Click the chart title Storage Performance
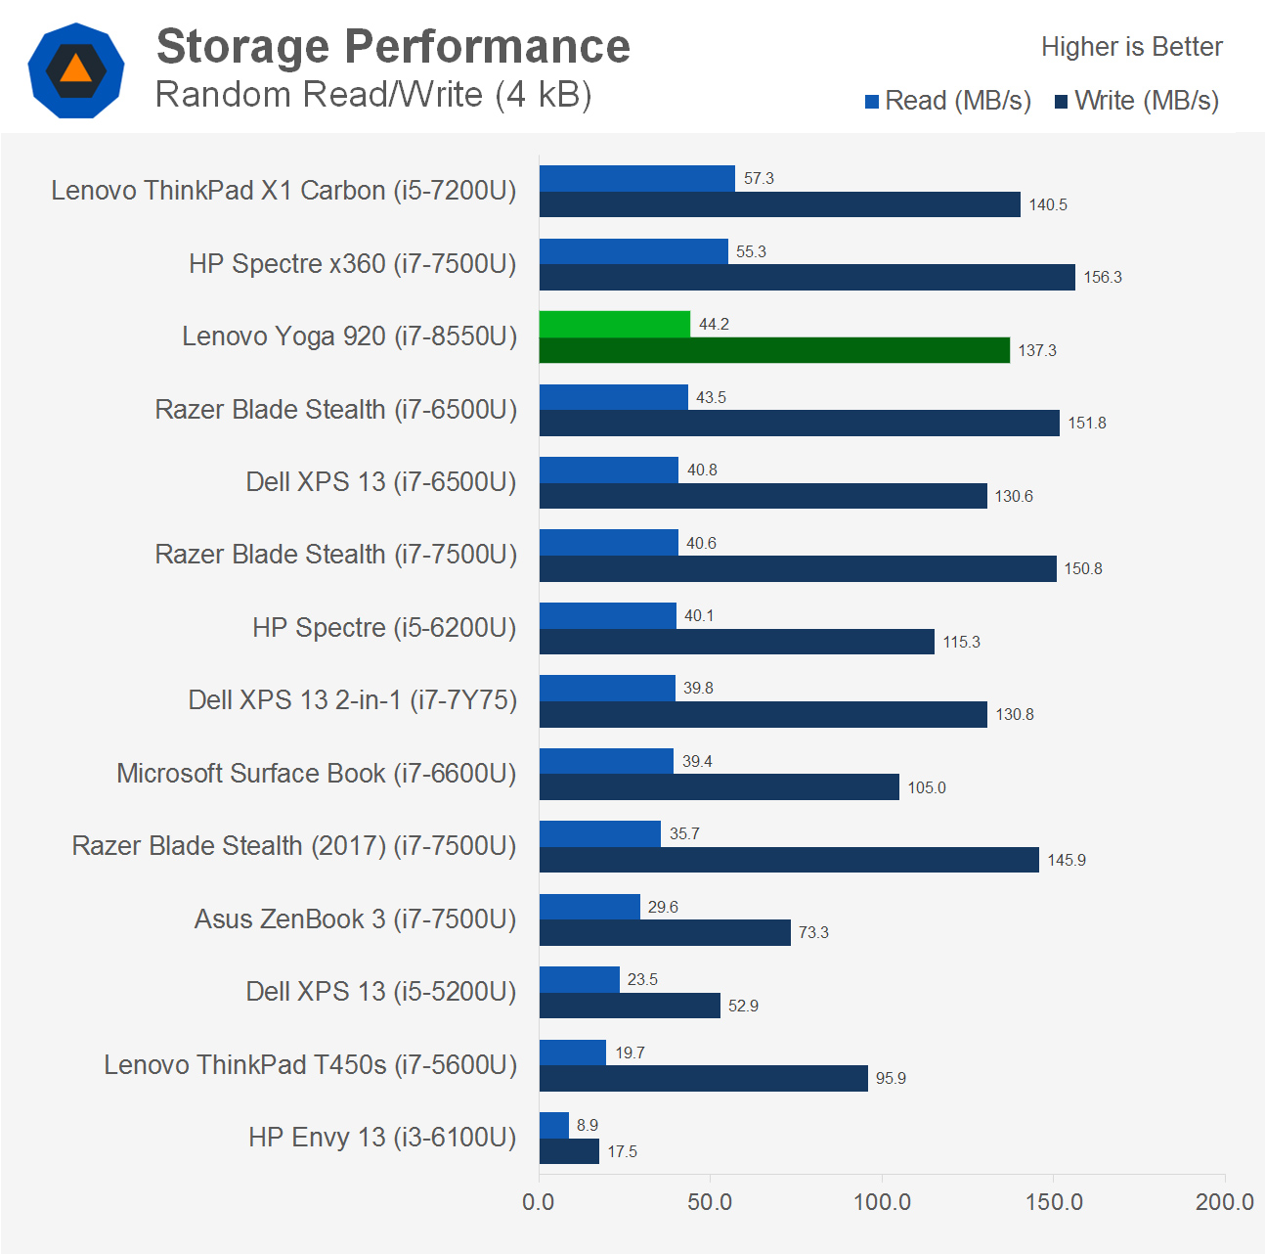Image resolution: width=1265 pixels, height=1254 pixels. click(393, 46)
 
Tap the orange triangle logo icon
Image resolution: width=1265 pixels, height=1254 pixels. click(76, 69)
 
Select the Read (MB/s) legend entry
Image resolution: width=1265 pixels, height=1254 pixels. click(948, 101)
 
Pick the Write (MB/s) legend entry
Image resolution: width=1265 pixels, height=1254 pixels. click(1137, 101)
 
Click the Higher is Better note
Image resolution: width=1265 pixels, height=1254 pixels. click(1131, 47)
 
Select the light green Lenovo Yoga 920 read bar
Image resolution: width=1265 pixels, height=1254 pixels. click(614, 324)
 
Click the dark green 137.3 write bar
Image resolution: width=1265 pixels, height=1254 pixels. click(773, 350)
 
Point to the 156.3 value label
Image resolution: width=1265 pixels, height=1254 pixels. click(1103, 278)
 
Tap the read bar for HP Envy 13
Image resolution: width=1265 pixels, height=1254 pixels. click(553, 1125)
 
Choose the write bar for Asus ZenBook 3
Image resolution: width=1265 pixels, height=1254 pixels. click(664, 932)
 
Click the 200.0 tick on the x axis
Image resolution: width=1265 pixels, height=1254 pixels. click(1224, 1202)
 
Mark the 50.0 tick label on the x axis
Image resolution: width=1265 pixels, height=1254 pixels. click(710, 1202)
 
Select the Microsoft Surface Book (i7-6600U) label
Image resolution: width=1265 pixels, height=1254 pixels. click(316, 773)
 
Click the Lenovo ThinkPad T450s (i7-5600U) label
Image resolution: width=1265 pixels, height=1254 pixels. click(310, 1064)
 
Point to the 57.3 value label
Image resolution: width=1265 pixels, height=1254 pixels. click(759, 178)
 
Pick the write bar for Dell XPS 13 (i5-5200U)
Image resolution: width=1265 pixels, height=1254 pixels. click(629, 1006)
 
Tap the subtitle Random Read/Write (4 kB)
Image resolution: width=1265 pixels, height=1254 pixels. click(373, 95)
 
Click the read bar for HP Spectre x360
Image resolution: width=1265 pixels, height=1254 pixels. click(633, 251)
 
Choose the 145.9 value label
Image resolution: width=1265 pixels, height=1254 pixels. click(1067, 860)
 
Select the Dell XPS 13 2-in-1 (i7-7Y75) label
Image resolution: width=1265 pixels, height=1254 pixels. click(352, 700)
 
